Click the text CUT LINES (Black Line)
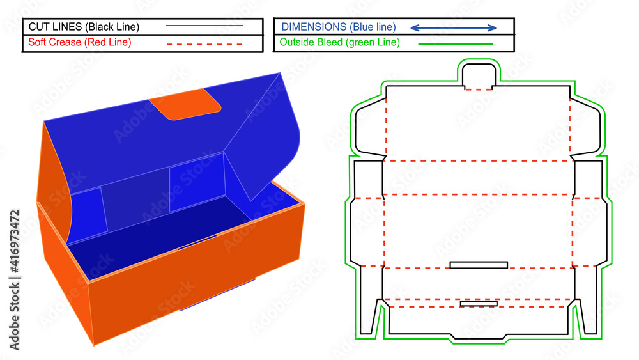[x=83, y=27]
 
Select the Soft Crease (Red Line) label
[x=80, y=43]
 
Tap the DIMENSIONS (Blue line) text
[x=339, y=27]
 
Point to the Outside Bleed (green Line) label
[x=340, y=43]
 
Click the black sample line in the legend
[x=204, y=26]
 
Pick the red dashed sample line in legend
[x=204, y=44]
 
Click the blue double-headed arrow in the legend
[x=453, y=27]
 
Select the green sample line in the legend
[x=456, y=44]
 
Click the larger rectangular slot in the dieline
[x=479, y=265]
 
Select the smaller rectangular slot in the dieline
[x=479, y=303]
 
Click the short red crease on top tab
[x=479, y=90]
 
